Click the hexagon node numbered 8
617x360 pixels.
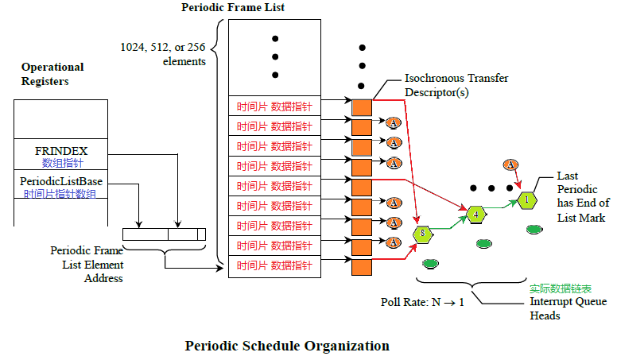tap(423, 234)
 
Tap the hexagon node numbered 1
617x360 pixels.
tap(526, 199)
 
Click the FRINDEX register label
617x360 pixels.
tap(60, 150)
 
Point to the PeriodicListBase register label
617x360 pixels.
tap(61, 182)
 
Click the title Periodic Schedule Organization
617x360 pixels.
tap(287, 346)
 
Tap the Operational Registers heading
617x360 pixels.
tap(52, 74)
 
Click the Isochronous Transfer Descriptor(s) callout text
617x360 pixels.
tap(456, 85)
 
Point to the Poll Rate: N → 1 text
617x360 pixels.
tap(422, 303)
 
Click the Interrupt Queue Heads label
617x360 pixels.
tap(568, 308)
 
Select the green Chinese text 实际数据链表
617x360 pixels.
tap(561, 288)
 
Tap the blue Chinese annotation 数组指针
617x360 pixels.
tap(60, 163)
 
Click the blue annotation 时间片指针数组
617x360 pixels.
tap(61, 194)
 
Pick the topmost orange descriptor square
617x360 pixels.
tap(362, 107)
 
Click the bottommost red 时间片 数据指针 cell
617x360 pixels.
tap(274, 265)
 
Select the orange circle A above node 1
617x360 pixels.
tap(511, 165)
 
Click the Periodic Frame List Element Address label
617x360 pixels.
tap(87, 264)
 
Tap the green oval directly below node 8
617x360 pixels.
tap(430, 262)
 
